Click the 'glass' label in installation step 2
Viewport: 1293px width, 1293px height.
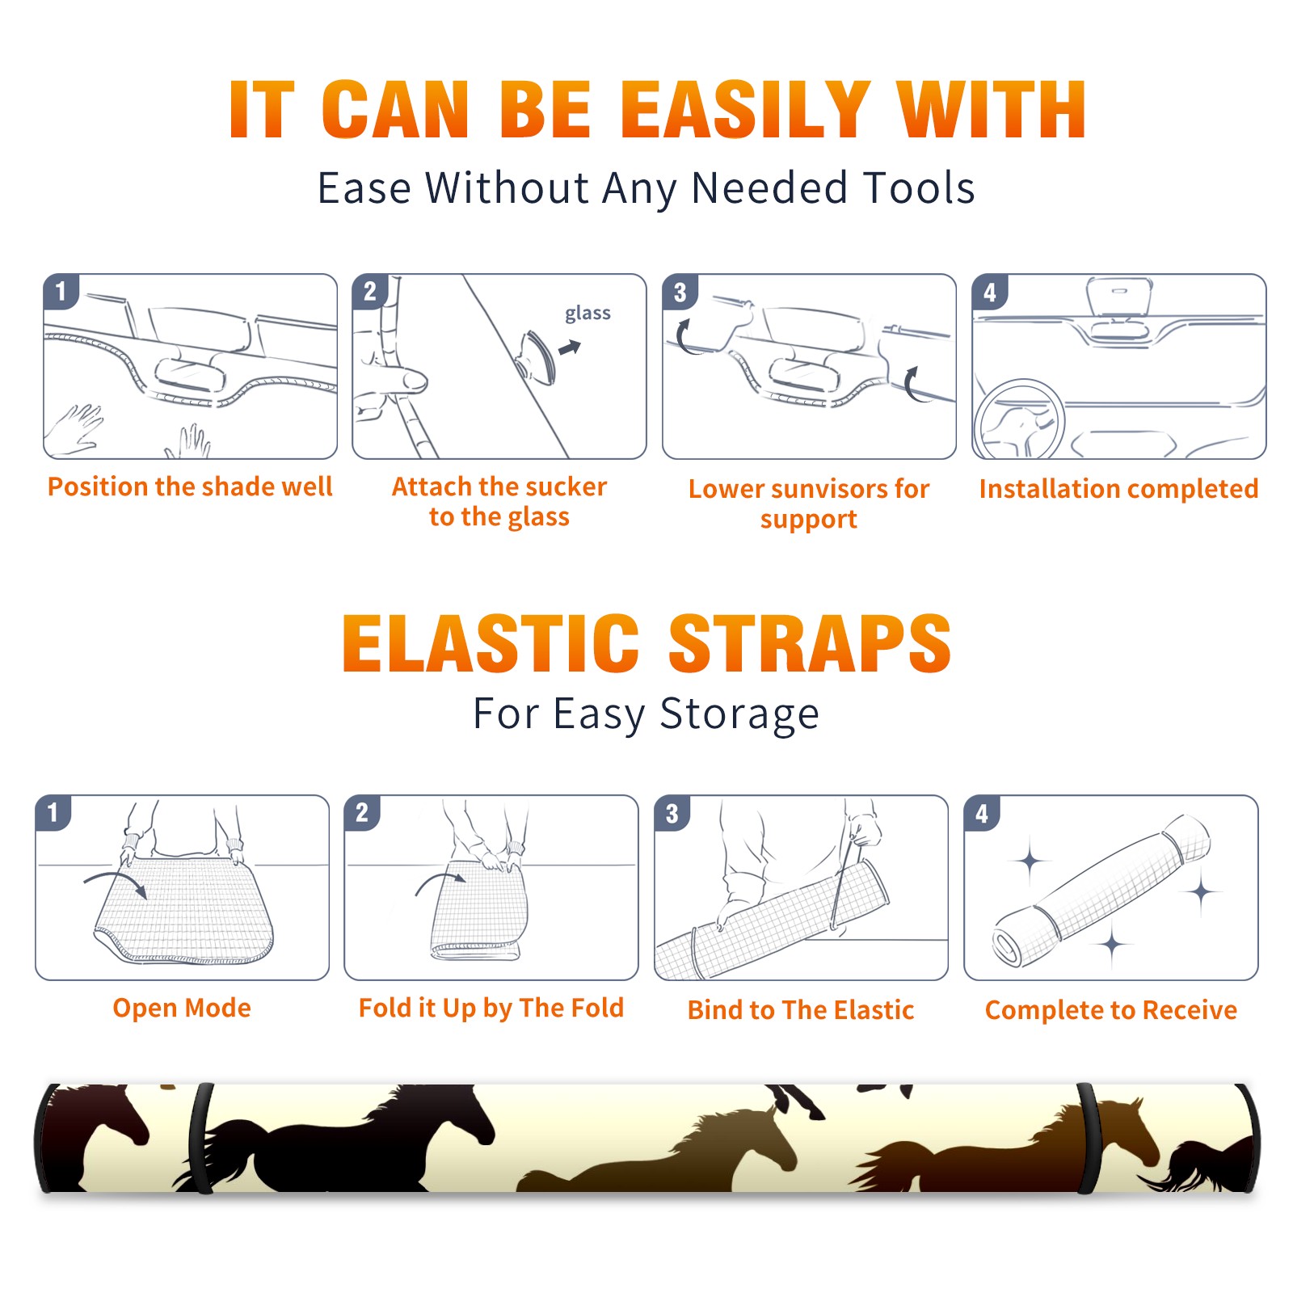[588, 314]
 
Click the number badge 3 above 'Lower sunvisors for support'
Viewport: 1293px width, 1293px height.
[680, 292]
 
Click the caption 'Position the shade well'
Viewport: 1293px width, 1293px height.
[190, 486]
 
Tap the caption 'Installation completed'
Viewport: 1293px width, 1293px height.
[1118, 488]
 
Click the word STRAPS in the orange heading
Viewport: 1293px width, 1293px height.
[810, 643]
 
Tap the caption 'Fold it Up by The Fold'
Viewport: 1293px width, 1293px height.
[491, 1008]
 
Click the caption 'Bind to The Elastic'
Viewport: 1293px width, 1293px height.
[801, 1009]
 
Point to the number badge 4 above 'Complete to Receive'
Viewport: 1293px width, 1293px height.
[982, 813]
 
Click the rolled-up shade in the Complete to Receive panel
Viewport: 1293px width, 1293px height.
[1101, 890]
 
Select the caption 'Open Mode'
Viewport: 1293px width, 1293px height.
[182, 1008]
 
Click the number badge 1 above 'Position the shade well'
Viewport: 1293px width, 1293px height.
[61, 292]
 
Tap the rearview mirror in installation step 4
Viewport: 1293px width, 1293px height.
[1118, 297]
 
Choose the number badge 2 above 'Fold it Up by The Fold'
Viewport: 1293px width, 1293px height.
[362, 813]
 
